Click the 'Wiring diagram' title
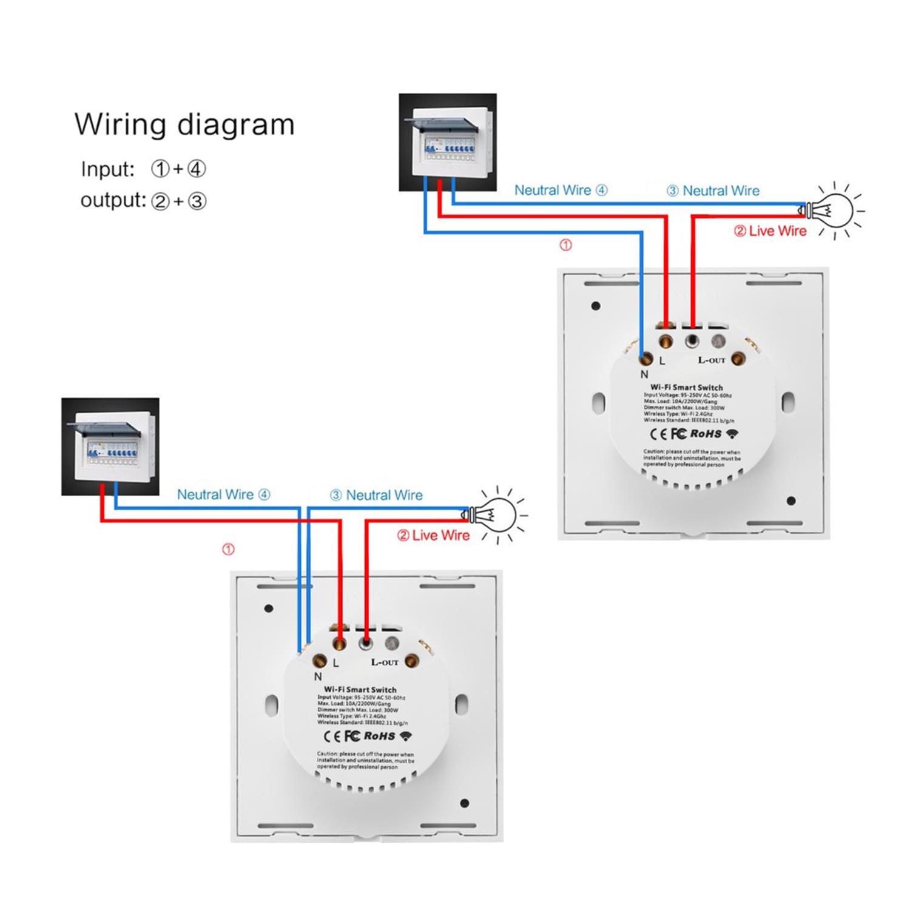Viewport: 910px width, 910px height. pos(184,124)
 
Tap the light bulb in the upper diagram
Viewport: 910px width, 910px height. pos(832,210)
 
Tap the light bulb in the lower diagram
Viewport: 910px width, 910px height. pos(495,515)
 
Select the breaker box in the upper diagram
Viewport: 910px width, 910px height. pos(448,142)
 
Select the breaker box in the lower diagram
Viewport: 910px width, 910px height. pos(110,447)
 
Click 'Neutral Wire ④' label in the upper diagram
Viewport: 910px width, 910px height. pos(561,190)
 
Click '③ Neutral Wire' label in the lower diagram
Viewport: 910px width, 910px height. pos(376,495)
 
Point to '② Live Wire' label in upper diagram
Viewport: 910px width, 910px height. pos(770,231)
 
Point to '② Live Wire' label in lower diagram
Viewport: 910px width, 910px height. pos(433,536)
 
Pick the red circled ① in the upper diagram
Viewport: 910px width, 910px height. pos(565,245)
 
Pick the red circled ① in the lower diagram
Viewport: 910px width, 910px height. pos(228,550)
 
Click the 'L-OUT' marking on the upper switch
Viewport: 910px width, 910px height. pos(711,360)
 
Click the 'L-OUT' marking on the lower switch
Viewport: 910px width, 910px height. pos(385,662)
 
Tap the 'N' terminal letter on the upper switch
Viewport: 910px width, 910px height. pos(644,374)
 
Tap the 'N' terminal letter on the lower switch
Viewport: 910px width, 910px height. pos(318,676)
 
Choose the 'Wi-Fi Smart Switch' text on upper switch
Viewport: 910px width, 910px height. pos(687,387)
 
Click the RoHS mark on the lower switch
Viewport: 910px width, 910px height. pos(379,736)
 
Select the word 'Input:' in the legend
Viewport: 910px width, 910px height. pos(107,169)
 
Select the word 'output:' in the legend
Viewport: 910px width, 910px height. pos(113,200)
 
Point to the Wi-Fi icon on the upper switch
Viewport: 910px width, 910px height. pos(733,434)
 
